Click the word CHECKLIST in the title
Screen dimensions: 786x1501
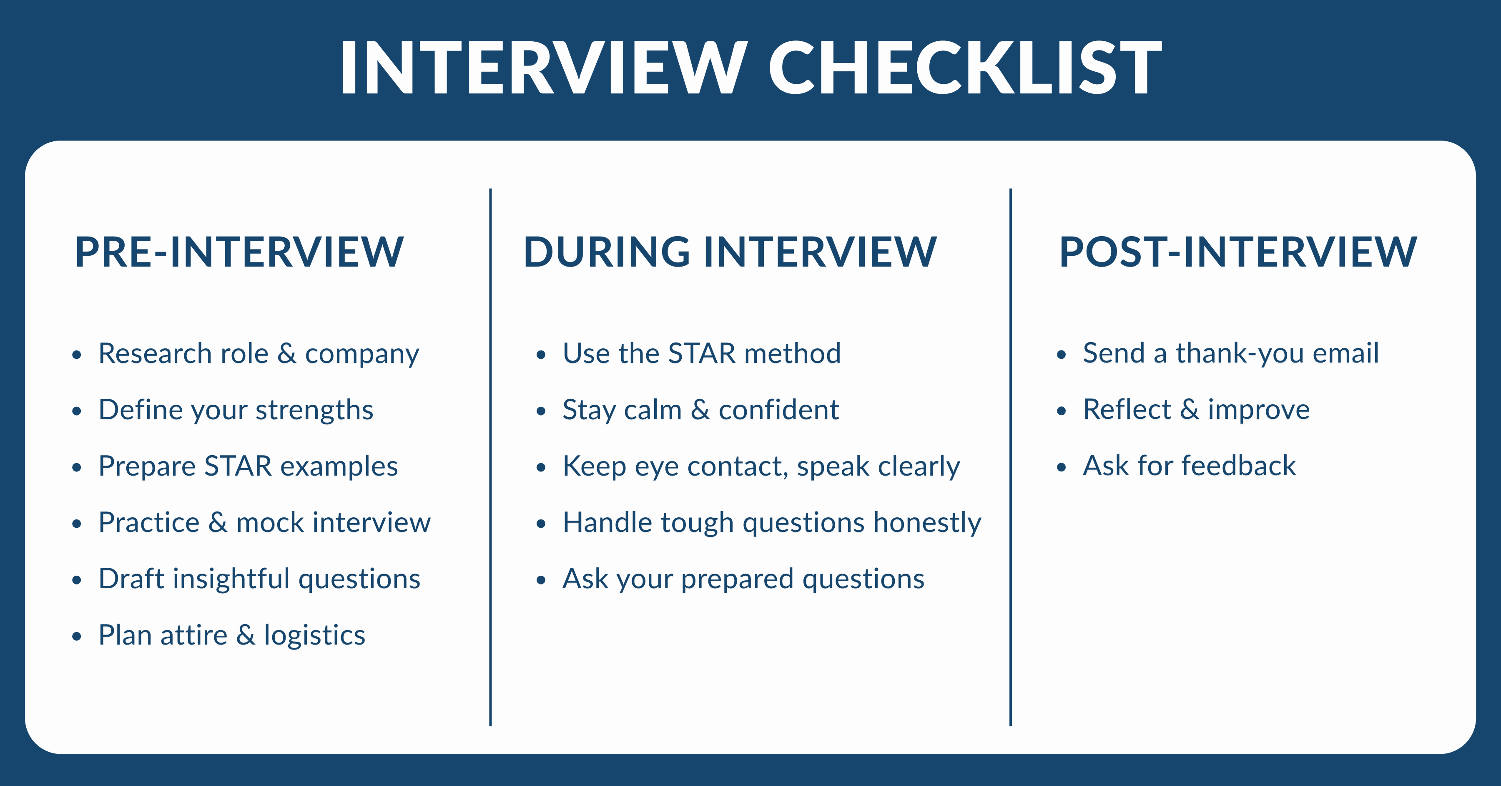(964, 67)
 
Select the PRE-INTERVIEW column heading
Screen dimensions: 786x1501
(239, 252)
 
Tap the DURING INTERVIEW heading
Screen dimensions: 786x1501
(730, 252)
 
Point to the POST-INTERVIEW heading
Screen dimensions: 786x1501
(1237, 252)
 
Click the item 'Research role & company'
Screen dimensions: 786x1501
(258, 353)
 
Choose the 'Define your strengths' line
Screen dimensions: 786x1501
(236, 410)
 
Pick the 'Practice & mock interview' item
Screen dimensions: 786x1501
(264, 522)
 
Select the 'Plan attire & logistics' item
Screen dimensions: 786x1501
(231, 635)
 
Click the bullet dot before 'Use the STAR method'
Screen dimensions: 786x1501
(541, 355)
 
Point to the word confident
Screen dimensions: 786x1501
(778, 410)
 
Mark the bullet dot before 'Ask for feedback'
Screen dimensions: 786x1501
(1061, 467)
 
